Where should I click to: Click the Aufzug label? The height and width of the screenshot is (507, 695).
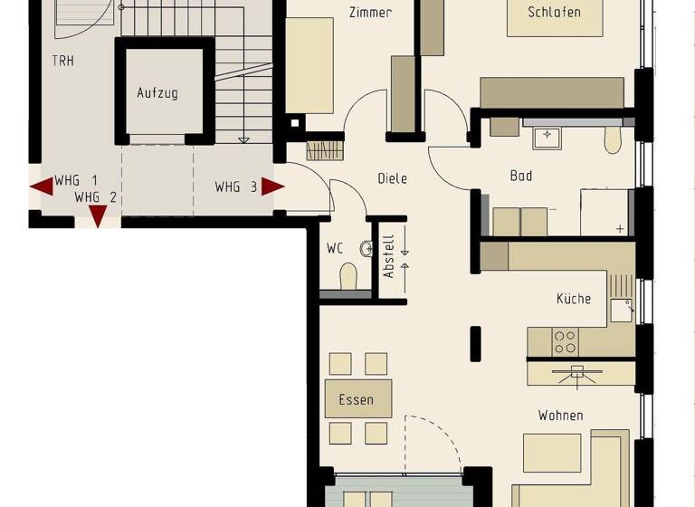tap(157, 92)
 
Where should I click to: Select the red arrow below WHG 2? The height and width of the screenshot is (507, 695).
tap(98, 215)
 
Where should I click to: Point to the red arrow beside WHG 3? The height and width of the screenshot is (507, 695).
tap(272, 187)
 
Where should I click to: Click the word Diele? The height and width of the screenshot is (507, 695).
tap(392, 178)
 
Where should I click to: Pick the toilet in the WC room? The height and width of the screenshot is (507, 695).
tap(348, 278)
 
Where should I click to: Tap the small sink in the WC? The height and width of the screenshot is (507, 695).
tap(367, 248)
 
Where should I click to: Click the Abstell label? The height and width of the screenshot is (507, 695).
tap(389, 256)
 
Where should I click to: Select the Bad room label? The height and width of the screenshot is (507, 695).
tap(520, 176)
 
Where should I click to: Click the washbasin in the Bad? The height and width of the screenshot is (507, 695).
tap(547, 138)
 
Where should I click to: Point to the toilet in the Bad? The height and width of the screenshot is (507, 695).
tap(613, 139)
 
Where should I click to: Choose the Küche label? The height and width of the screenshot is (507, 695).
tap(574, 299)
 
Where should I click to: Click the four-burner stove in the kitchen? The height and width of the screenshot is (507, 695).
tap(566, 341)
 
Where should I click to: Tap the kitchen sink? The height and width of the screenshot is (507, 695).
tap(621, 310)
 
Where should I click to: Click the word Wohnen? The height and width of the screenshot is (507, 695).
tap(560, 416)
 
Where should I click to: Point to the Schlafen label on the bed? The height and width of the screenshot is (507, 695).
tap(554, 13)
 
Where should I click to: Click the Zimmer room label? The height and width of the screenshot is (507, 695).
tap(370, 13)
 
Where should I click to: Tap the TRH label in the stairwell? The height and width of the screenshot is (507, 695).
tap(63, 62)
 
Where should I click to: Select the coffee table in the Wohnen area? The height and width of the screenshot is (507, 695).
tap(552, 452)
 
